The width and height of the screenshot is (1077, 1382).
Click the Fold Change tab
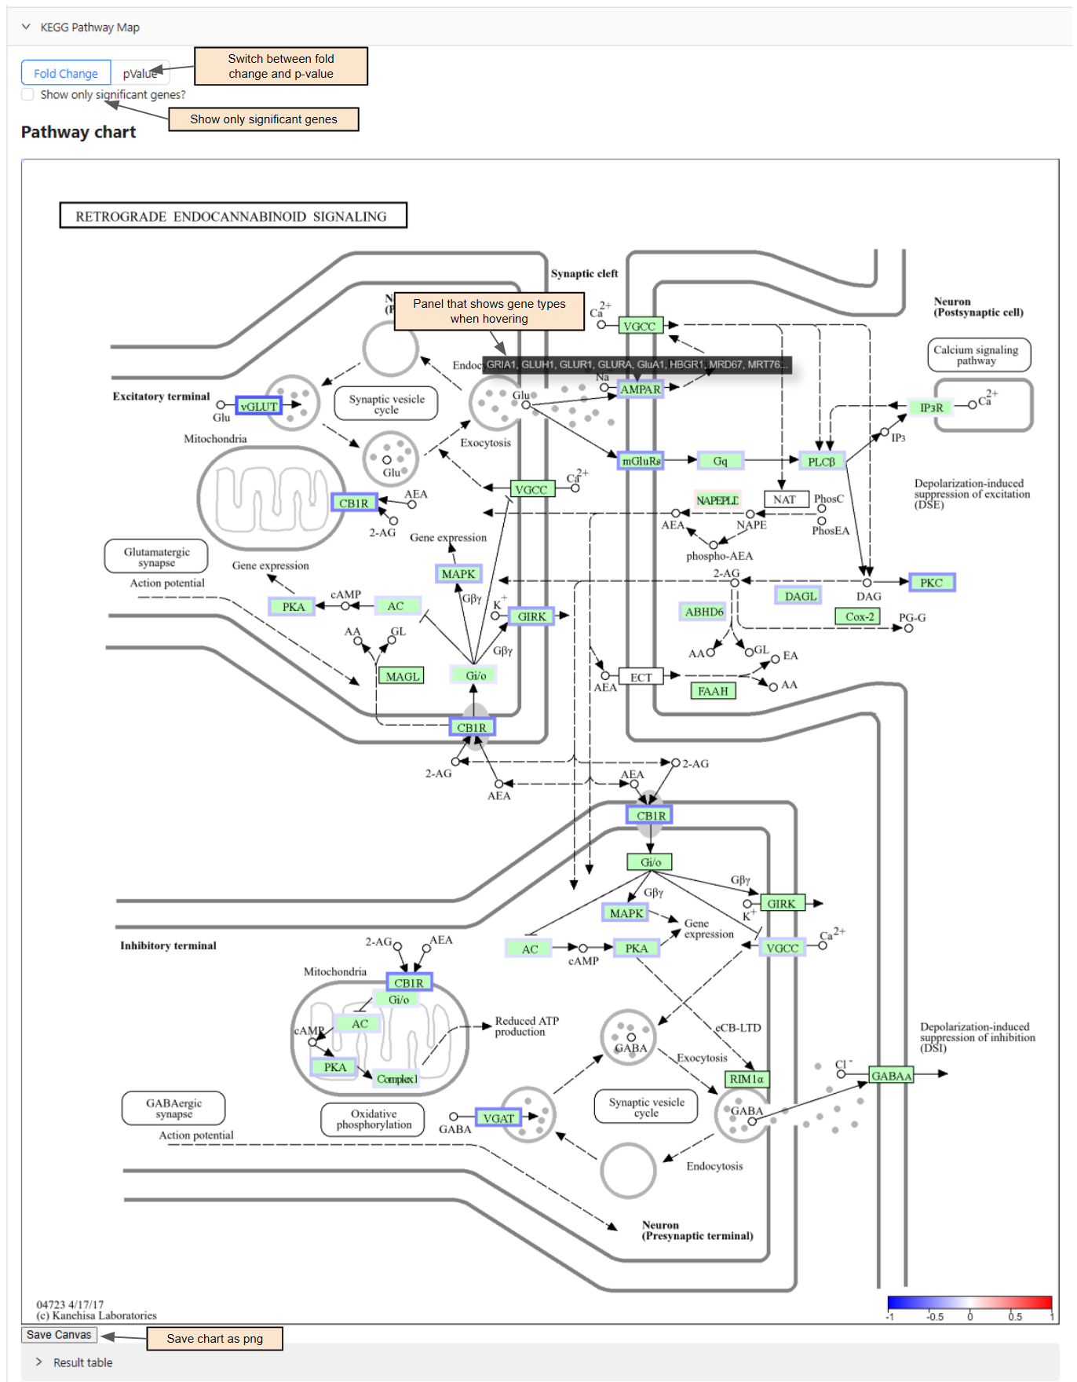(x=66, y=73)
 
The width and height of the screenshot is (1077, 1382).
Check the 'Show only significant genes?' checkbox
(x=28, y=94)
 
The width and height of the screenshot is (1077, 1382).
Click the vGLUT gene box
(x=258, y=406)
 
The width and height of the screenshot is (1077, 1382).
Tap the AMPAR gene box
(x=640, y=389)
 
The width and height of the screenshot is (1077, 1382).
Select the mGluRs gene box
(x=641, y=461)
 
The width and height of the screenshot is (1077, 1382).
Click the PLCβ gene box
(x=820, y=462)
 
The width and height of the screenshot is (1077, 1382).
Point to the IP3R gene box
(x=931, y=408)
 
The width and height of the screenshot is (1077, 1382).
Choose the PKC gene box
(x=931, y=583)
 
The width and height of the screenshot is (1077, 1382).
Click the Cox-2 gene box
(x=859, y=616)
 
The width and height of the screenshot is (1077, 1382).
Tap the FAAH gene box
(x=713, y=691)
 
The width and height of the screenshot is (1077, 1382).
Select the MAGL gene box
(x=402, y=676)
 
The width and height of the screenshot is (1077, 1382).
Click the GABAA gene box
(x=891, y=1076)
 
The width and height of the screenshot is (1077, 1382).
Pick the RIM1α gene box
(x=746, y=1079)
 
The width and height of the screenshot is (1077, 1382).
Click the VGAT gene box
(x=498, y=1118)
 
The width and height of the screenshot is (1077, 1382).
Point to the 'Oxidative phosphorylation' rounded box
(x=374, y=1119)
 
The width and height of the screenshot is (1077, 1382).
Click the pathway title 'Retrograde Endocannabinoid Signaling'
(x=232, y=216)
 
